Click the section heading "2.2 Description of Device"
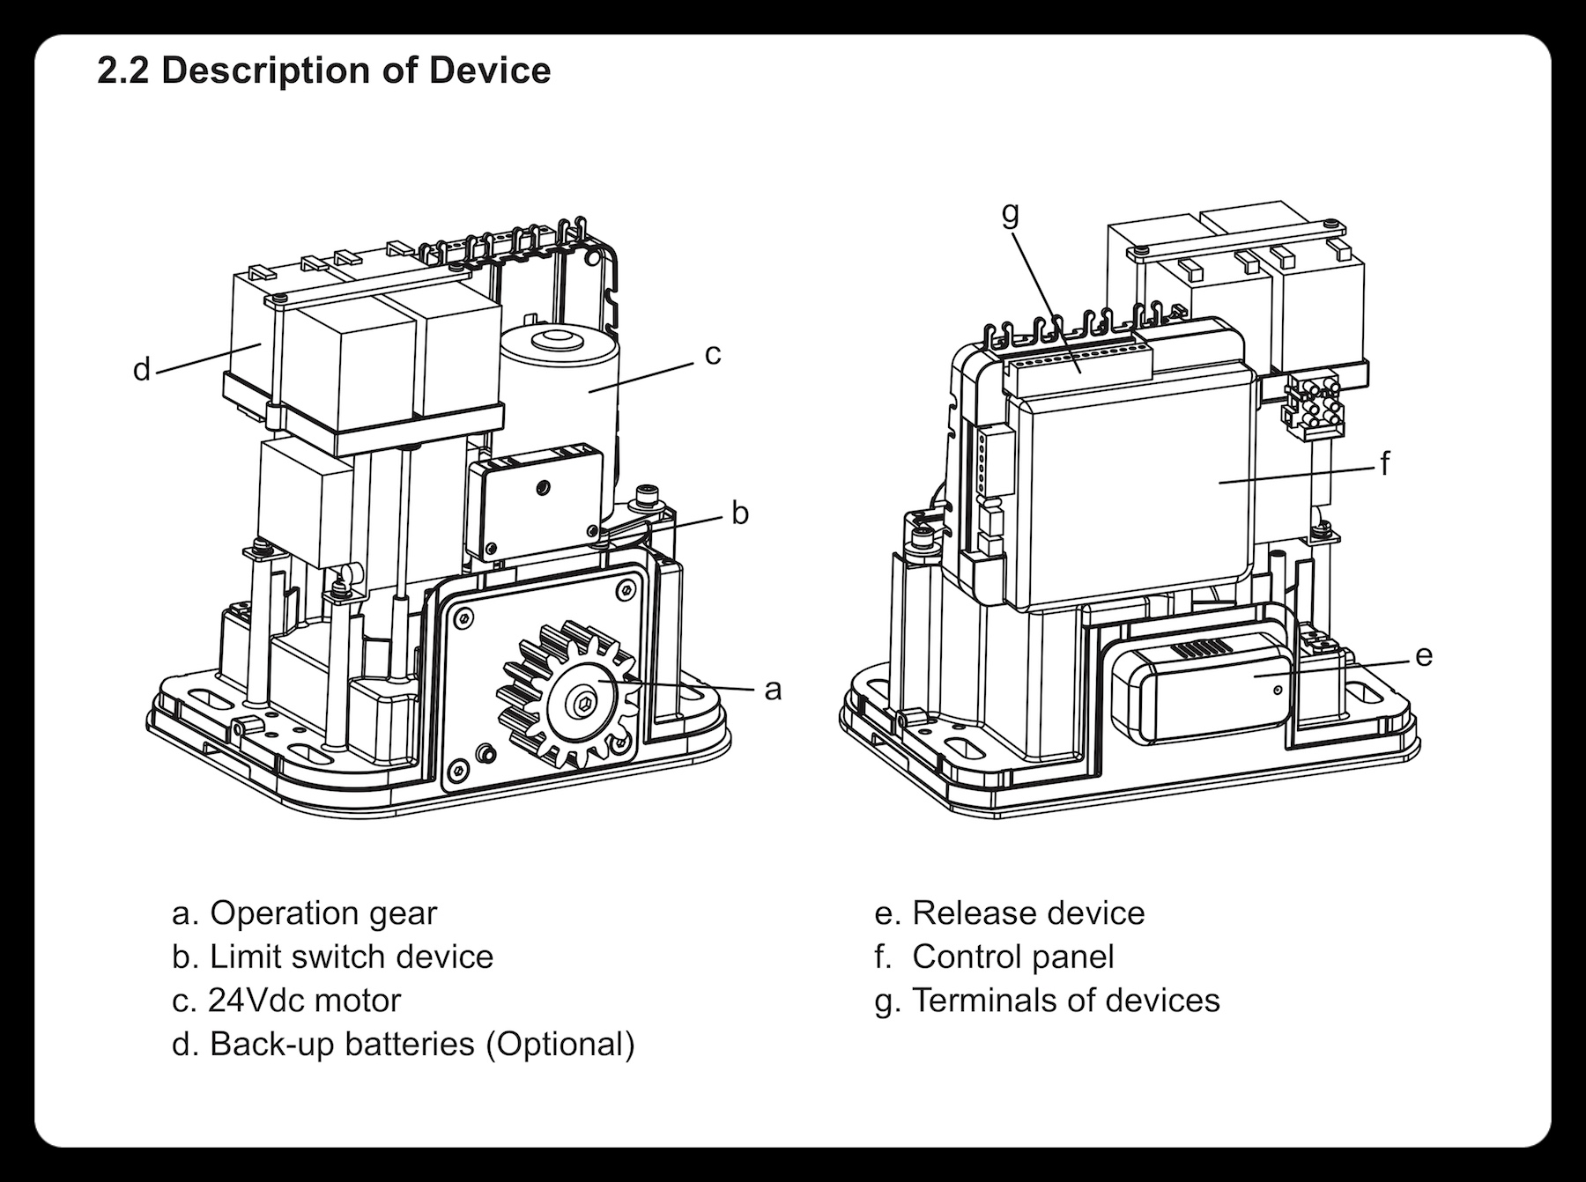tap(323, 70)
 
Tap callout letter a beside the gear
tap(773, 690)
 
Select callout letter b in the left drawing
tap(740, 513)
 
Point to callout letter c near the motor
tap(713, 354)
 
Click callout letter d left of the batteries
tap(141, 370)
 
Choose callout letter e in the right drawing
tap(1424, 655)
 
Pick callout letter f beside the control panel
tap(1384, 463)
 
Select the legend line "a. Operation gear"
tap(304, 913)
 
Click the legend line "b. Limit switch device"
tap(332, 957)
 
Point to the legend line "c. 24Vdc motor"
tap(286, 1001)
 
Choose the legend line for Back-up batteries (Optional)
tap(403, 1044)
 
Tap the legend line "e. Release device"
tap(1010, 913)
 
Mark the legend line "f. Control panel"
tap(995, 957)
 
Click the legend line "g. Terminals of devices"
tap(1048, 1001)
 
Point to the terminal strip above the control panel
tap(1079, 363)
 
